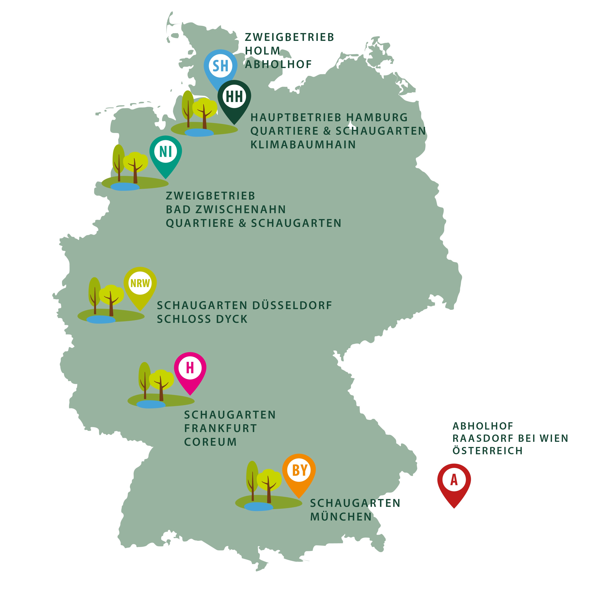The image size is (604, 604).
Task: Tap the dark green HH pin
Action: [x=234, y=97]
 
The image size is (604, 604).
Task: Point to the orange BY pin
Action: [x=299, y=471]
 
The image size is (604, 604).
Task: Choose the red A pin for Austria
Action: [x=454, y=480]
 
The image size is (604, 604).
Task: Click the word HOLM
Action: [x=262, y=51]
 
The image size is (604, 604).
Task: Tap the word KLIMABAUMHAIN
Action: [x=303, y=145]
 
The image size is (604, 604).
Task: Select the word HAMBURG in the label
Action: [x=377, y=118]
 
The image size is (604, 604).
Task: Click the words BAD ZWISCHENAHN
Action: [x=226, y=209]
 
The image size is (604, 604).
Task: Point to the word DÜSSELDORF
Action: [x=292, y=305]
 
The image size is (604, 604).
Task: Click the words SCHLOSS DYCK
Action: [x=202, y=319]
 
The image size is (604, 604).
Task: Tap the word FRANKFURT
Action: [x=220, y=428]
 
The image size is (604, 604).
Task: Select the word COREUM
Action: [x=210, y=442]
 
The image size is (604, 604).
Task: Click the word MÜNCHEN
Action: [x=341, y=517]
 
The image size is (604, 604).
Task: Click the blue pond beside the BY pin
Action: [x=258, y=506]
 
